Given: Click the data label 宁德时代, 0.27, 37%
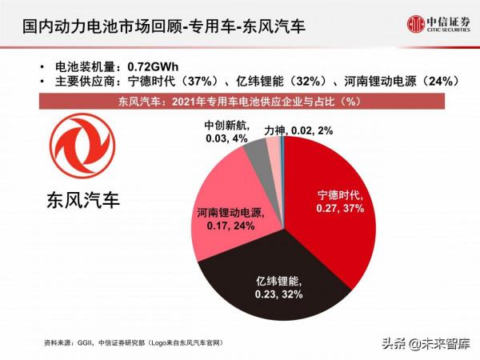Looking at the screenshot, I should pyautogui.click(x=340, y=202).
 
